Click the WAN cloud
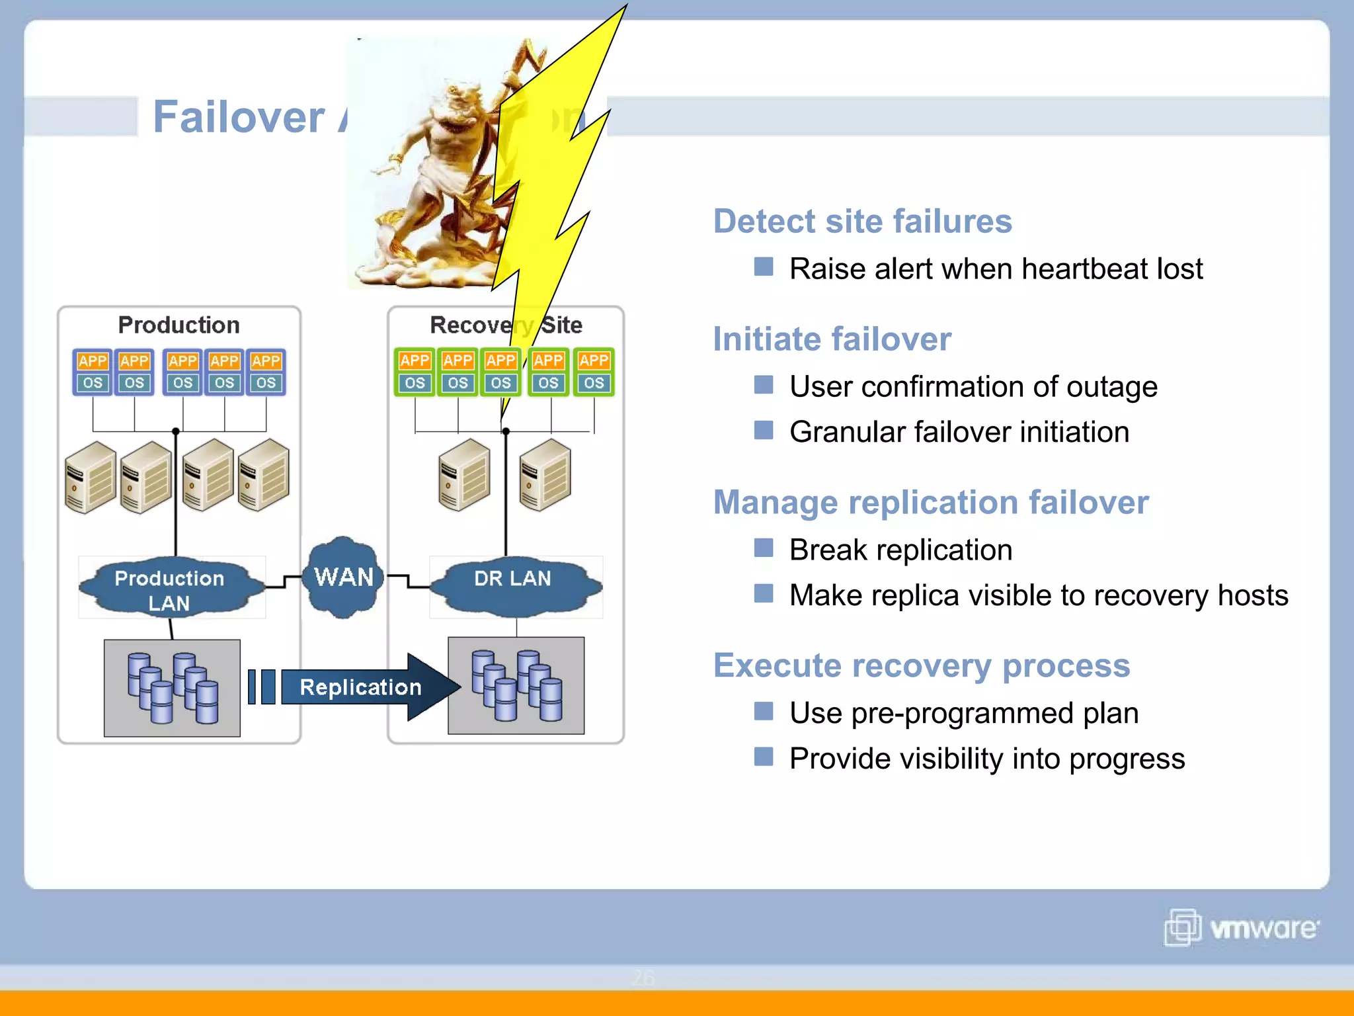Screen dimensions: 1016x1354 pyautogui.click(x=343, y=577)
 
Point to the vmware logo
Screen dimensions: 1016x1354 pyautogui.click(x=1242, y=927)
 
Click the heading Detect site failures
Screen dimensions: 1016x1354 pyautogui.click(x=862, y=221)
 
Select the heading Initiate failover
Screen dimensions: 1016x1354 pyautogui.click(x=832, y=339)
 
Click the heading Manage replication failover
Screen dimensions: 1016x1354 pyautogui.click(x=930, y=502)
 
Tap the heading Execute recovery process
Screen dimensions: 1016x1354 pyautogui.click(x=921, y=665)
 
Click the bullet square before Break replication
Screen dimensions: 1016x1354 pyautogui.click(x=764, y=548)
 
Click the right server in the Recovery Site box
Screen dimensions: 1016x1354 pyautogui.click(x=545, y=475)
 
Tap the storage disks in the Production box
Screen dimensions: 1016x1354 pyautogui.click(x=172, y=688)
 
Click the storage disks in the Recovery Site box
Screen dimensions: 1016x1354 pyautogui.click(x=516, y=686)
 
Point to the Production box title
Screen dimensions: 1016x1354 pyautogui.click(x=179, y=325)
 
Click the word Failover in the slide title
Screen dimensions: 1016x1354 pyautogui.click(x=239, y=117)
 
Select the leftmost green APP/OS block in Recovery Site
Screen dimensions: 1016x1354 pyautogui.click(x=415, y=372)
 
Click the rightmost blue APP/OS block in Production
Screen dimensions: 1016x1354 pyautogui.click(x=266, y=372)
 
